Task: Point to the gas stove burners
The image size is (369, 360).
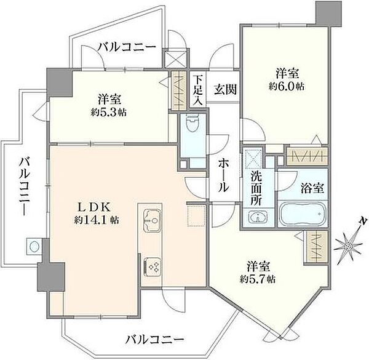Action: tap(152, 266)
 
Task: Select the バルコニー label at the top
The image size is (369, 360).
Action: tap(127, 47)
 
